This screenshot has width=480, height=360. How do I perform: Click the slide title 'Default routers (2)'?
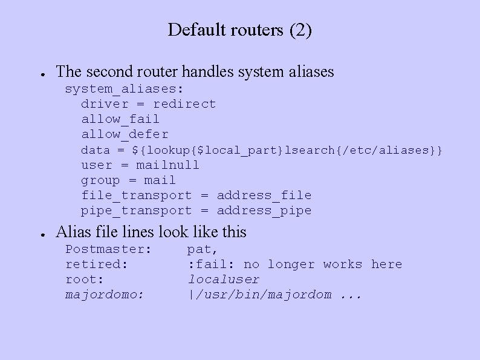coord(240,30)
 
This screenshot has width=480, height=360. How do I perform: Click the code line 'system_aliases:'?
coord(125,89)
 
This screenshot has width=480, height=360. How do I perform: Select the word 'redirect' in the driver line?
coord(184,104)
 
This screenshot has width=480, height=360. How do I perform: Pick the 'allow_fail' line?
coord(120,119)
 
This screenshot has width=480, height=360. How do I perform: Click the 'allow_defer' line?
coord(125,134)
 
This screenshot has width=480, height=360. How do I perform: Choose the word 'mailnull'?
coord(167,165)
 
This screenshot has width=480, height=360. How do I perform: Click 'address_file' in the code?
coord(264,195)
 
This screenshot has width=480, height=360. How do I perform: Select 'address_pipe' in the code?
coord(264,210)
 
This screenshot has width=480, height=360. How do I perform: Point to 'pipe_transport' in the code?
coord(136,210)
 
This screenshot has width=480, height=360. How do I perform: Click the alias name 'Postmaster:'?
coord(108,249)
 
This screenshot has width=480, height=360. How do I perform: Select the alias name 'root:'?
coord(85,279)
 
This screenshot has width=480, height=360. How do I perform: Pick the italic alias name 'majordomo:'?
coord(105,294)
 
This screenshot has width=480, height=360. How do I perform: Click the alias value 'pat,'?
coord(203,249)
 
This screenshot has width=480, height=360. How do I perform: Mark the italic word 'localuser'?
coord(223,279)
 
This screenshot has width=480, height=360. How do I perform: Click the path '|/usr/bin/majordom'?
coord(259,295)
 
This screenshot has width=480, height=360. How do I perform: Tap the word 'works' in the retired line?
coord(342,264)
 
